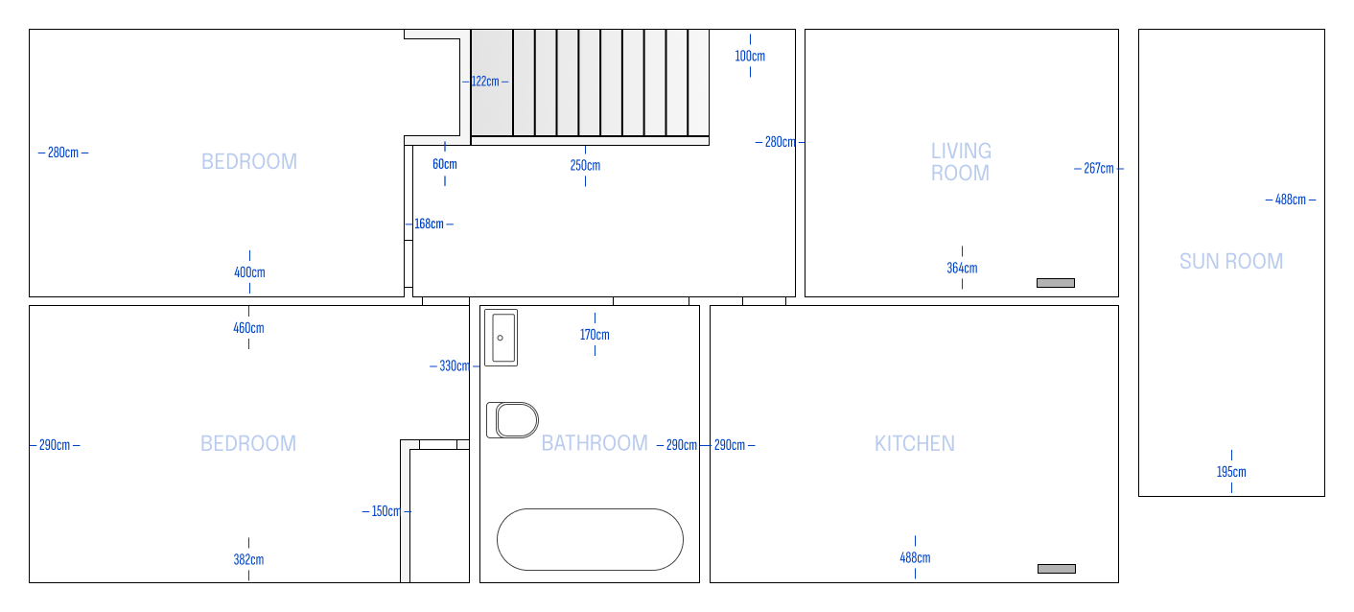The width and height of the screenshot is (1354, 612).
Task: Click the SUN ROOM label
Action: (1231, 261)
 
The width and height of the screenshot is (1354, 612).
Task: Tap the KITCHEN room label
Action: (915, 444)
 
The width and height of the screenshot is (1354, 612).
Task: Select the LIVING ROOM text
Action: (961, 162)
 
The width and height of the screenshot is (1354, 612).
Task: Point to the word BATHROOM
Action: (595, 443)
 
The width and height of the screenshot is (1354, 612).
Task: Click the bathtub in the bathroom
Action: (590, 539)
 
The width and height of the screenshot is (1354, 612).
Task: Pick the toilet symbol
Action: (513, 420)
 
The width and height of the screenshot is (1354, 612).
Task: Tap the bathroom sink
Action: (502, 338)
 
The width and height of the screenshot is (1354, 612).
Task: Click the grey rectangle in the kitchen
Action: (1057, 569)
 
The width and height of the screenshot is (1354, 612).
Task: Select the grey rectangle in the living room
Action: (1056, 283)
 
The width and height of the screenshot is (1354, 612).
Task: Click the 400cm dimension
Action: (249, 272)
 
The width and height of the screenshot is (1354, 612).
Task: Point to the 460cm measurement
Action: (249, 328)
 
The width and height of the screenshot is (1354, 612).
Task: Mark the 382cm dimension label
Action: (249, 560)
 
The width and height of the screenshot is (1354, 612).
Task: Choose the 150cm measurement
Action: (386, 511)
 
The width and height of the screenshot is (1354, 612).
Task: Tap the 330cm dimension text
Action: (455, 365)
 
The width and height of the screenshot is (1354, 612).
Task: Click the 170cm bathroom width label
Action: (595, 335)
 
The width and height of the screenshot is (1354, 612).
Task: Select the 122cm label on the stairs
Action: (485, 81)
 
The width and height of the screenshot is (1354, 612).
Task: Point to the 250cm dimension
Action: (585, 166)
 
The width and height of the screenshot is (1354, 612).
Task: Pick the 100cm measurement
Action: (750, 57)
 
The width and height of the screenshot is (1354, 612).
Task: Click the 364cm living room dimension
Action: (963, 268)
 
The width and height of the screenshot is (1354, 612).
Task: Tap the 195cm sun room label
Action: (1231, 472)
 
